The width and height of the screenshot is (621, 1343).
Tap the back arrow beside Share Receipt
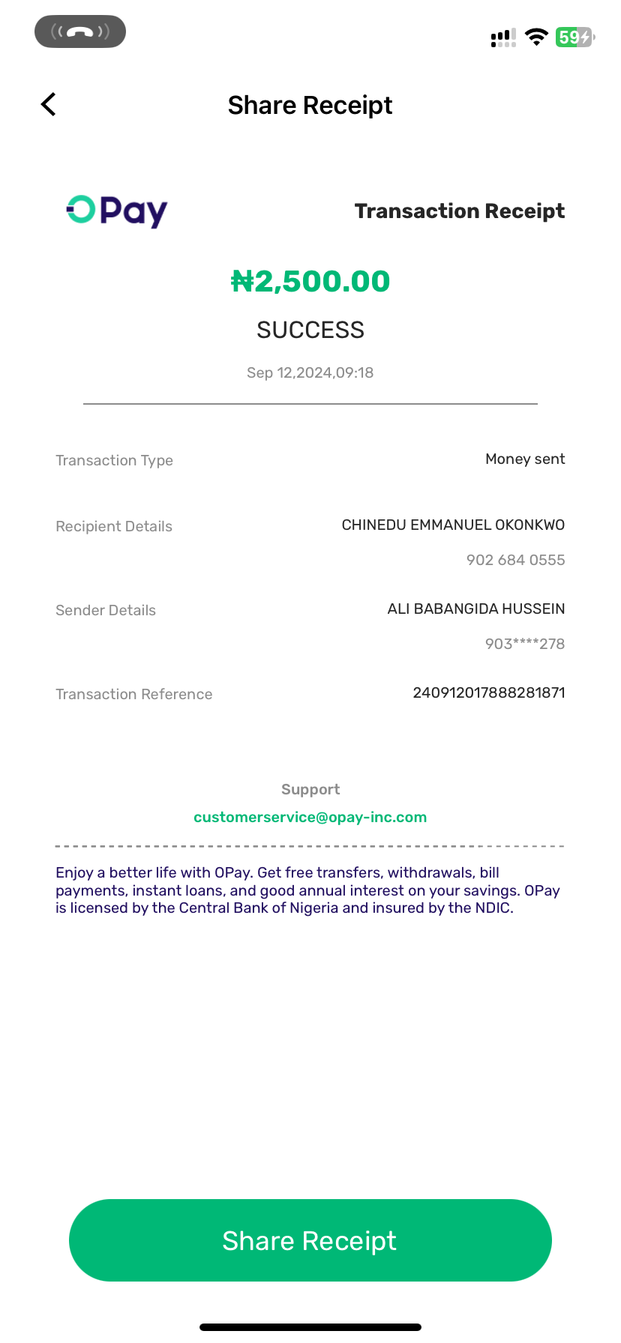49,105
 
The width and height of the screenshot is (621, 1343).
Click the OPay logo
117,211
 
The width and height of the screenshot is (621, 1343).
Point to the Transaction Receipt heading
459,211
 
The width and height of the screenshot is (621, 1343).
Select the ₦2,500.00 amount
310,282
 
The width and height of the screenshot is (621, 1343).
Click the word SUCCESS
310,330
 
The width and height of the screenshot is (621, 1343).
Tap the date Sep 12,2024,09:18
310,372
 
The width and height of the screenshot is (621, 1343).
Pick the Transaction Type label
114,460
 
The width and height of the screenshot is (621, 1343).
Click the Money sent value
525,459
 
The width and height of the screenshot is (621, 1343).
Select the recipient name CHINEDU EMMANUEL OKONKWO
453,525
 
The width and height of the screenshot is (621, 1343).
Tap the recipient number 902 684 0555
515,560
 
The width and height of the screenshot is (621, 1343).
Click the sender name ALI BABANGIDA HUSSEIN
475,609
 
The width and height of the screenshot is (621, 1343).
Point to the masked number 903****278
524,644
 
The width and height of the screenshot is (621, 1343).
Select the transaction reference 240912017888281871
488,692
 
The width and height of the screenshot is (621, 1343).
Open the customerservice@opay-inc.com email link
310,817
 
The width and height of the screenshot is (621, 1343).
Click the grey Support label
310,789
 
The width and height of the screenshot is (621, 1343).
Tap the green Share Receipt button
310,1240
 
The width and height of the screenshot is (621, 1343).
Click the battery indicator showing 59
574,37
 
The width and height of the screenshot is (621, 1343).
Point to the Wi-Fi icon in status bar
536,37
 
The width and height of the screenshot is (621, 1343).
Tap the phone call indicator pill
80,31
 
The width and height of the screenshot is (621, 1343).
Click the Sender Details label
106,610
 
